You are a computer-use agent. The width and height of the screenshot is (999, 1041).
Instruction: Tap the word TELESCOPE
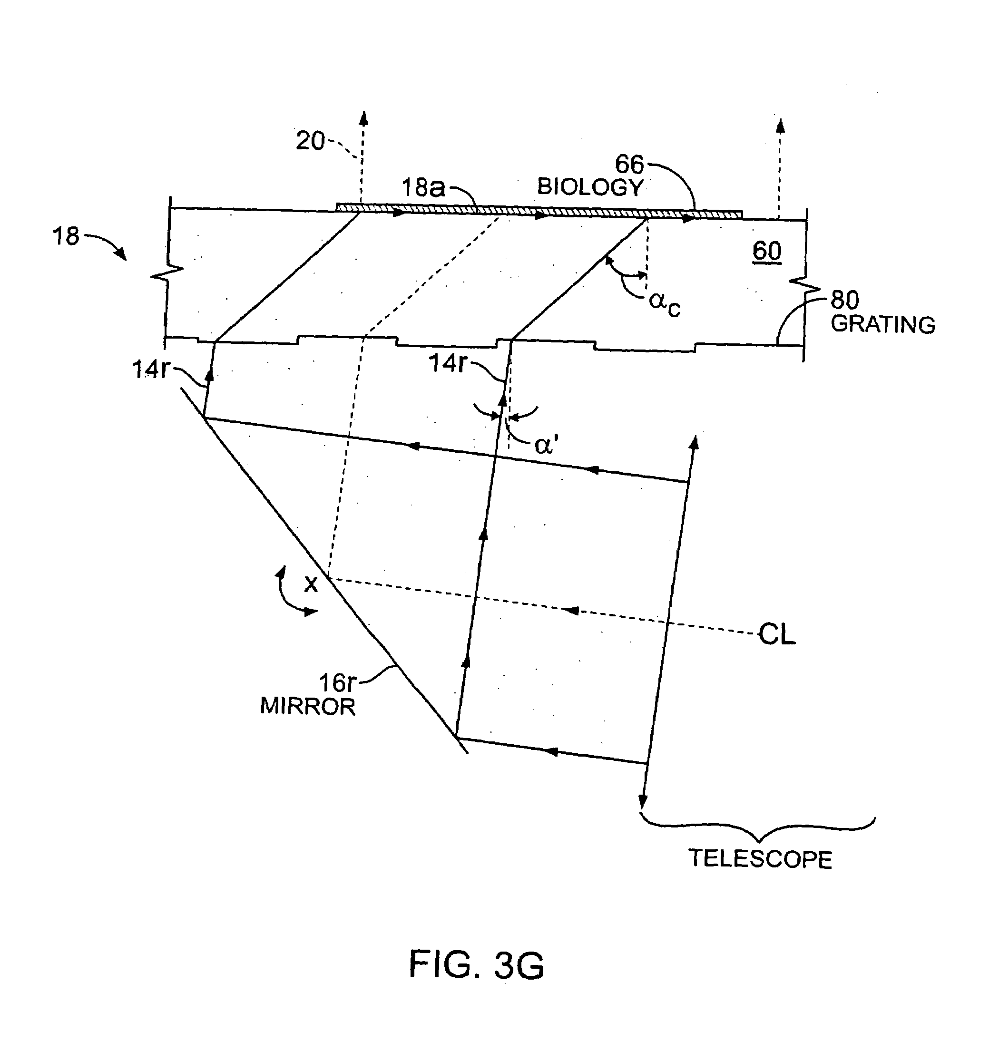(x=760, y=859)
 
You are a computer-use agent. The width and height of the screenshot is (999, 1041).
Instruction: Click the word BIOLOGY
(x=590, y=187)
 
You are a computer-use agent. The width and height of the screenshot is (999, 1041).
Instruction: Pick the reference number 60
(x=767, y=251)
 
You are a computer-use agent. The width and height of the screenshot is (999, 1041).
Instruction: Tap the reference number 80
(x=845, y=301)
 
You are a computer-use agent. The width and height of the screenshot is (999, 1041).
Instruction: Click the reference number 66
(x=629, y=165)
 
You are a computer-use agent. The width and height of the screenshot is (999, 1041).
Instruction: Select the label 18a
(x=423, y=187)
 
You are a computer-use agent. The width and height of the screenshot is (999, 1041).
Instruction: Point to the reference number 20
(x=310, y=141)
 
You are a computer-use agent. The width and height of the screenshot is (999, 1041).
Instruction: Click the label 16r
(x=337, y=682)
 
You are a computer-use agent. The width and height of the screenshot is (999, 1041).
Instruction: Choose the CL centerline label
(x=777, y=634)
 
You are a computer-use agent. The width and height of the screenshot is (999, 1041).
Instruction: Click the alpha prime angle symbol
(x=546, y=445)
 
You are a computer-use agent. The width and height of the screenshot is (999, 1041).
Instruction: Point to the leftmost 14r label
(x=150, y=370)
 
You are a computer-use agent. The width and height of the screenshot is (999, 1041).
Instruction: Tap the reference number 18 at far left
(x=66, y=236)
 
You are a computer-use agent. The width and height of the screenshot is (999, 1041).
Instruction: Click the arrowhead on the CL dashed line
(x=572, y=610)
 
